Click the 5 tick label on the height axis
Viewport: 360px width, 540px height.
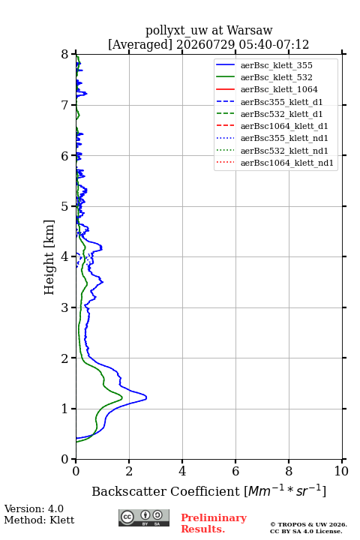tap(65, 206)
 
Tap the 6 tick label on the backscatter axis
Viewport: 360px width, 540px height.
tap(235, 471)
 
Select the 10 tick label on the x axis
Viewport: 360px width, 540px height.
tap(341, 471)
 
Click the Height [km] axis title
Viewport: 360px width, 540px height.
tap(49, 257)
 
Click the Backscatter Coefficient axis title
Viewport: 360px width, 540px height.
tap(208, 491)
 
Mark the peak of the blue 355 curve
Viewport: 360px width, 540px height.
tap(146, 397)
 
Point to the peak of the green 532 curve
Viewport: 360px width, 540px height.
tap(122, 398)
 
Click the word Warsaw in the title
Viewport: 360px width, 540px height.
tap(250, 30)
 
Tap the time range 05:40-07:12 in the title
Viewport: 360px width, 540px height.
tap(274, 44)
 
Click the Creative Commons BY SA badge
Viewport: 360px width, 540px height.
tap(144, 518)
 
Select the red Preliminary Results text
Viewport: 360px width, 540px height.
tap(214, 523)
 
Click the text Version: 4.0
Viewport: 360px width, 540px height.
tap(34, 508)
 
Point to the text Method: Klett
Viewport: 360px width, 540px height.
tap(39, 520)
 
